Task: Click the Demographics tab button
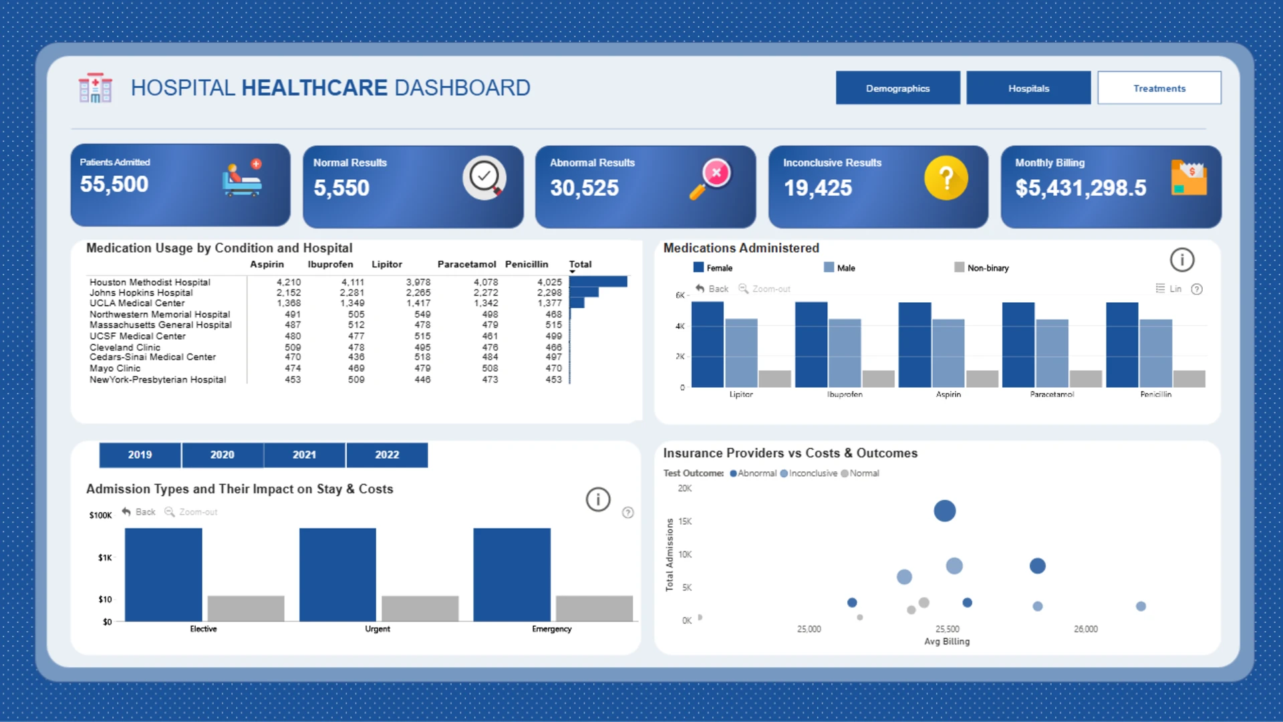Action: tap(897, 88)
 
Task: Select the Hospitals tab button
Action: tap(1028, 88)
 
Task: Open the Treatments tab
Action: tap(1159, 88)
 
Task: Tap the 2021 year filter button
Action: tap(304, 455)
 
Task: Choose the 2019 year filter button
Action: tap(140, 455)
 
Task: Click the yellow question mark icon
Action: tap(946, 178)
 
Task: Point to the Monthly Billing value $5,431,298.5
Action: tap(1081, 189)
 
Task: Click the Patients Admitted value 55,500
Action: tap(114, 185)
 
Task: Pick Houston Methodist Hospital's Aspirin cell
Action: tap(289, 282)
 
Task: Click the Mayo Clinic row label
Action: tap(115, 368)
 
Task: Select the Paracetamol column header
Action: tap(467, 264)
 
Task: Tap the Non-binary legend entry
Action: tap(982, 267)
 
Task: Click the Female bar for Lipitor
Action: tap(708, 344)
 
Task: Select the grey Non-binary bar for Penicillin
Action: tap(1189, 379)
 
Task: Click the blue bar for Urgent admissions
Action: tap(337, 575)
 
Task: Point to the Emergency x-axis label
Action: tap(552, 629)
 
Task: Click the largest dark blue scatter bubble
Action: tap(945, 511)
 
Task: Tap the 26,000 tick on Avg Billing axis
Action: tap(1086, 629)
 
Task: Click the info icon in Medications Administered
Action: tap(1182, 259)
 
